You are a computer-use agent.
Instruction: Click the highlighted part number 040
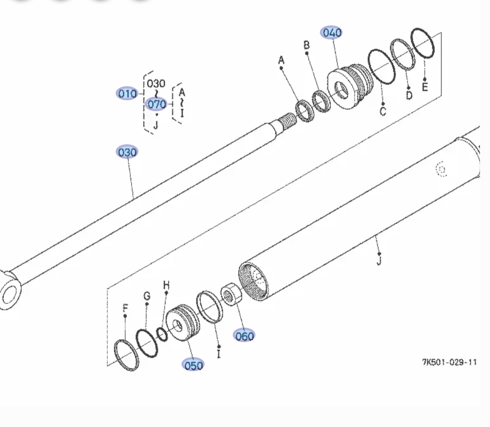pyautogui.click(x=332, y=33)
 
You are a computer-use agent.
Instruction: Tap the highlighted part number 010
pyautogui.click(x=127, y=93)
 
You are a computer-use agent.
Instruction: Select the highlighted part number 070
pyautogui.click(x=157, y=104)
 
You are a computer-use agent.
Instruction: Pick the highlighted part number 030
pyautogui.click(x=127, y=152)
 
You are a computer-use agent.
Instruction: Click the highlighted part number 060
pyautogui.click(x=244, y=336)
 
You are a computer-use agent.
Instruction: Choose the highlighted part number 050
pyautogui.click(x=193, y=365)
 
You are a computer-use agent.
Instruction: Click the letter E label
pyautogui.click(x=425, y=86)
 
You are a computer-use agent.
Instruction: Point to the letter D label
pyautogui.click(x=409, y=95)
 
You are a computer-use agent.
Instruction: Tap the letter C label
pyautogui.click(x=383, y=111)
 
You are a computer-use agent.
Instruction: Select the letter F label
pyautogui.click(x=125, y=309)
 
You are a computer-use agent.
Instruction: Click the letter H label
pyautogui.click(x=167, y=285)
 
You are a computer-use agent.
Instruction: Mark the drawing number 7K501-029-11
pyautogui.click(x=449, y=362)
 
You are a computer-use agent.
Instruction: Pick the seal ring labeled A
pyautogui.click(x=305, y=111)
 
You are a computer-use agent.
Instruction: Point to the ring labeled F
pyautogui.click(x=126, y=355)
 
